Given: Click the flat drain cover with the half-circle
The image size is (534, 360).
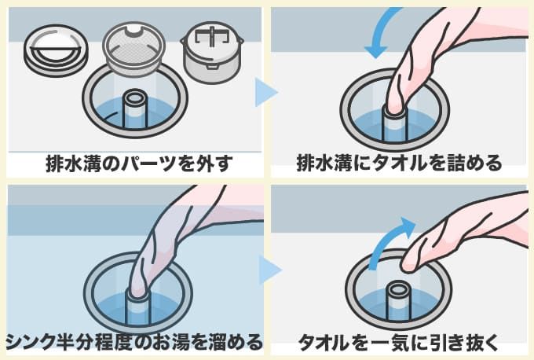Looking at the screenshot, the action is tap(56, 51).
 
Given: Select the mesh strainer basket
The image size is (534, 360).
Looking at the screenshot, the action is tap(133, 50).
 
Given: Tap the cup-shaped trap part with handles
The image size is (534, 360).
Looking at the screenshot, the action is tap(213, 52).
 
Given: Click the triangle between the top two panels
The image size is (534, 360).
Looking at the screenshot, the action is tap(266, 92).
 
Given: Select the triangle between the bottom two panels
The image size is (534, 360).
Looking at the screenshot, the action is tap(269, 270).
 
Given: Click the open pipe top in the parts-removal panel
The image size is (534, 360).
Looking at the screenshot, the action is tap(135, 97).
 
